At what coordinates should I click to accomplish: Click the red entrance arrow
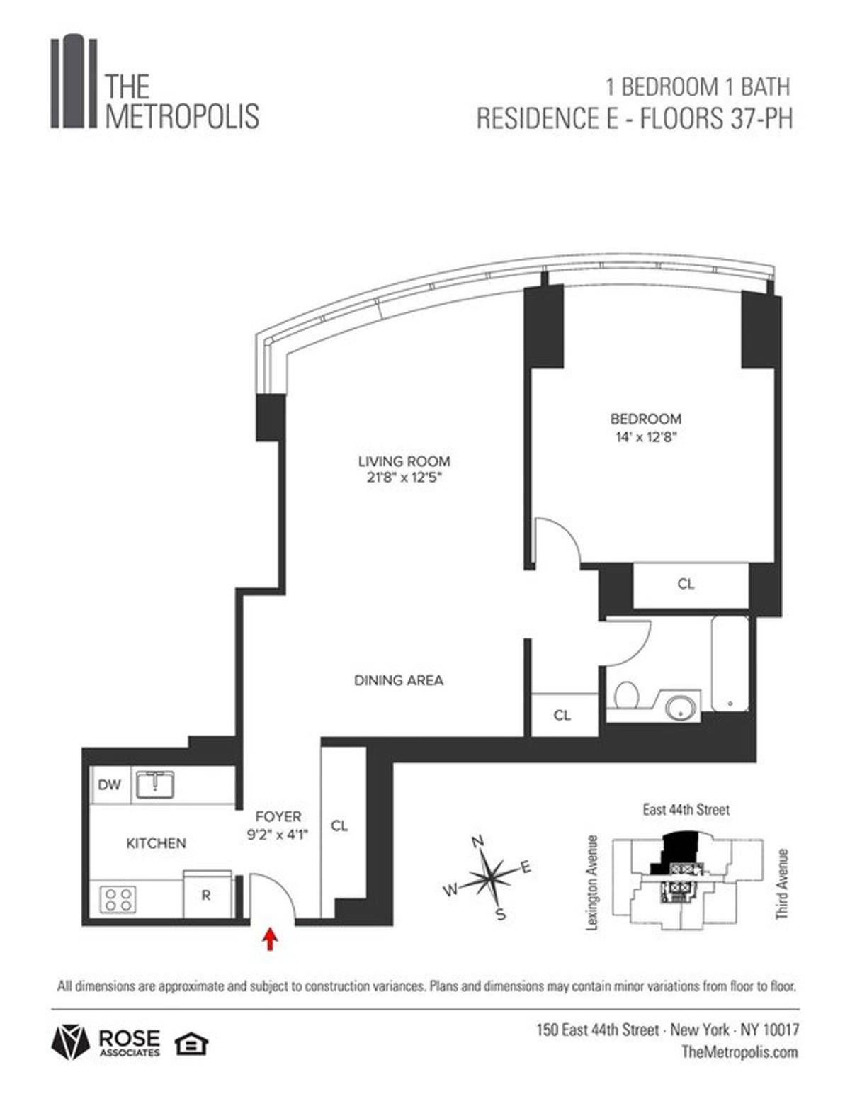[271, 940]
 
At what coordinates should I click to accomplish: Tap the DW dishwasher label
[110, 785]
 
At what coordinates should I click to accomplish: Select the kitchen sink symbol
[155, 784]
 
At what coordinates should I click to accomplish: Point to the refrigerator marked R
[206, 895]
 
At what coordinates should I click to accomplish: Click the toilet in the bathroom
[626, 695]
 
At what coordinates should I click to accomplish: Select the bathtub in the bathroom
[730, 663]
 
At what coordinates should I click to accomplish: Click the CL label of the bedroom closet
[686, 585]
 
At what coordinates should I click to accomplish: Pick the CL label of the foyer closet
[339, 826]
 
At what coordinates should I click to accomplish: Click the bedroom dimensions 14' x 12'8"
[645, 437]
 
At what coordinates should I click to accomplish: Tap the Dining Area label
[399, 680]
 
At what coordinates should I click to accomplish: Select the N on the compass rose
[477, 842]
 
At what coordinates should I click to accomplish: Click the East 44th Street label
[686, 809]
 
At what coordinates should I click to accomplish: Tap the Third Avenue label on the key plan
[782, 884]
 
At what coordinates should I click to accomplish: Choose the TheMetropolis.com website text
[739, 1052]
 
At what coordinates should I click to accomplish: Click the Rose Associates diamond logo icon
[70, 1042]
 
